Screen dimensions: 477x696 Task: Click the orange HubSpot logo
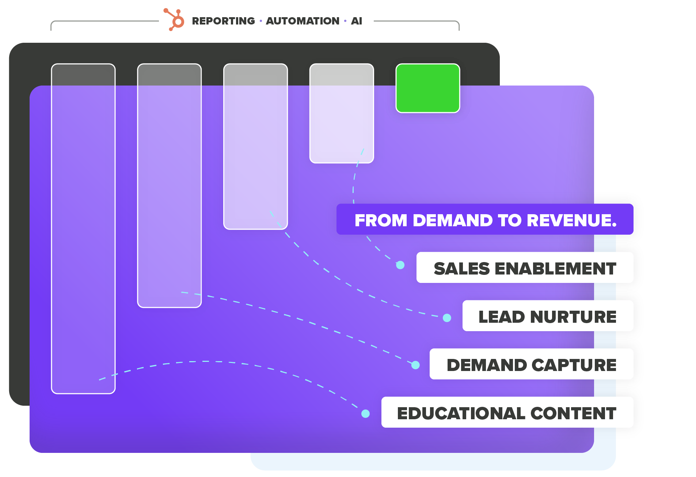point(175,20)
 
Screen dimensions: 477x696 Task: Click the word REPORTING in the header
point(223,21)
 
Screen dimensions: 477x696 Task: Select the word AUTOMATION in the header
point(303,21)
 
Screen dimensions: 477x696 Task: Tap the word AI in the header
point(356,21)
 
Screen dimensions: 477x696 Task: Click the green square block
point(427,88)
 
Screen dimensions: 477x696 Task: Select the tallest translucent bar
point(83,228)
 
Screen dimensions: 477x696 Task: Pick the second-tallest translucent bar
point(169,186)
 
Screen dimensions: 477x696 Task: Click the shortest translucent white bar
point(342,113)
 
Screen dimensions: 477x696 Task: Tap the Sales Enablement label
point(525,268)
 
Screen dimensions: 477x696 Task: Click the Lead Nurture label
point(547,316)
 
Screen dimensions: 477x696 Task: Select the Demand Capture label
point(531,364)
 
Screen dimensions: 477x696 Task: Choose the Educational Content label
point(507,413)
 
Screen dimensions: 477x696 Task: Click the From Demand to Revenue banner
point(485,220)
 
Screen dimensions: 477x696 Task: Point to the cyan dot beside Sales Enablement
point(400,265)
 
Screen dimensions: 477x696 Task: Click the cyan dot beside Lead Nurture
point(447,318)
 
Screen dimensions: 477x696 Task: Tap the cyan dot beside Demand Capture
point(415,365)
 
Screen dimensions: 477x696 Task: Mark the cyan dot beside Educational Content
point(365,413)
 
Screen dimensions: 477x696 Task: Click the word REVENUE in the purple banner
point(571,220)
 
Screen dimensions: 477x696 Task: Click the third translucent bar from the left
point(255,146)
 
